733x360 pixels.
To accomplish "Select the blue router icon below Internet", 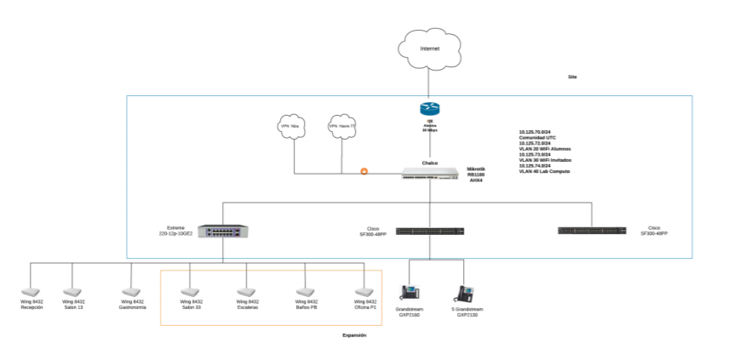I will (x=429, y=108).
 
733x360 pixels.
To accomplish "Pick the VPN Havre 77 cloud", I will (x=341, y=127).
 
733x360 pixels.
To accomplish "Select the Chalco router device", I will (x=430, y=174).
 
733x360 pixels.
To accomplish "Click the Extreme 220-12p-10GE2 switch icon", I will (x=223, y=231).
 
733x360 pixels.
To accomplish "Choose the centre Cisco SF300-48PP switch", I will (x=430, y=231).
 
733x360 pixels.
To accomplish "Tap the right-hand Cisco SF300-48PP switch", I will (x=592, y=230).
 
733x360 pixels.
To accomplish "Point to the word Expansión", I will (x=354, y=335).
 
